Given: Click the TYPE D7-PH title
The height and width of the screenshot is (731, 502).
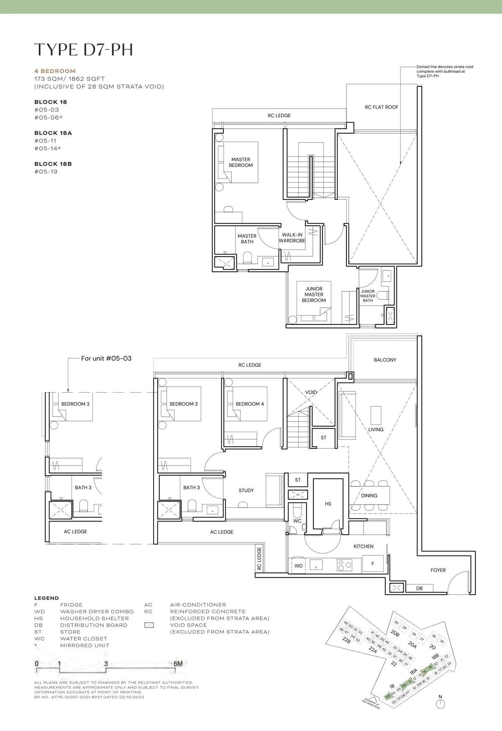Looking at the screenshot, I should pyautogui.click(x=83, y=49).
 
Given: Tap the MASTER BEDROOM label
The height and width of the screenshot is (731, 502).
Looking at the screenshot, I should pyautogui.click(x=241, y=162).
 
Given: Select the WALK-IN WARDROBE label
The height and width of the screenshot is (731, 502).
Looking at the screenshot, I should pyautogui.click(x=292, y=238).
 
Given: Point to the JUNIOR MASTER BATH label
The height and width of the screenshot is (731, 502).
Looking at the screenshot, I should pyautogui.click(x=368, y=296).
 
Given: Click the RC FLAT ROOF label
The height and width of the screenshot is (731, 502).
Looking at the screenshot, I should pyautogui.click(x=382, y=107).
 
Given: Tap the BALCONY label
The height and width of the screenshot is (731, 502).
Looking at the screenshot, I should pyautogui.click(x=385, y=360).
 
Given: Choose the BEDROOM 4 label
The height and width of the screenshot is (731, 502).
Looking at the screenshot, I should pyautogui.click(x=250, y=404).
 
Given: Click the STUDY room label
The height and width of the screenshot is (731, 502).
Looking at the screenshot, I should pyautogui.click(x=246, y=490).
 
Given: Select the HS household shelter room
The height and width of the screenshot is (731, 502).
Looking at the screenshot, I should pyautogui.click(x=328, y=504).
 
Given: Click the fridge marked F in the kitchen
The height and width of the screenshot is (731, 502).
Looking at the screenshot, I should pyautogui.click(x=373, y=564).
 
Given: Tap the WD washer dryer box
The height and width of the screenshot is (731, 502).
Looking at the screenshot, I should pyautogui.click(x=298, y=566).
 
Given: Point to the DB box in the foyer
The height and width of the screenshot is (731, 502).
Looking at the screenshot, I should pyautogui.click(x=419, y=588).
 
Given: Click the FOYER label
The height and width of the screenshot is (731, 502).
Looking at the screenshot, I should pyautogui.click(x=438, y=570).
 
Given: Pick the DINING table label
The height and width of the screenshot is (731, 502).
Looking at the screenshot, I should pyautogui.click(x=369, y=495).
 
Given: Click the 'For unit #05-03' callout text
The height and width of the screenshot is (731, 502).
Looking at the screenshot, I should pyautogui.click(x=106, y=358).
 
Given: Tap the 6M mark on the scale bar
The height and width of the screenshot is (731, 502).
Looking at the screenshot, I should pyautogui.click(x=178, y=664).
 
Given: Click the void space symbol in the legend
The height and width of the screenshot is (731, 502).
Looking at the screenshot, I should pyautogui.click(x=149, y=625).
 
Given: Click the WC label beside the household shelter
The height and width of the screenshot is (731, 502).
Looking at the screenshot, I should pyautogui.click(x=297, y=521).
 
